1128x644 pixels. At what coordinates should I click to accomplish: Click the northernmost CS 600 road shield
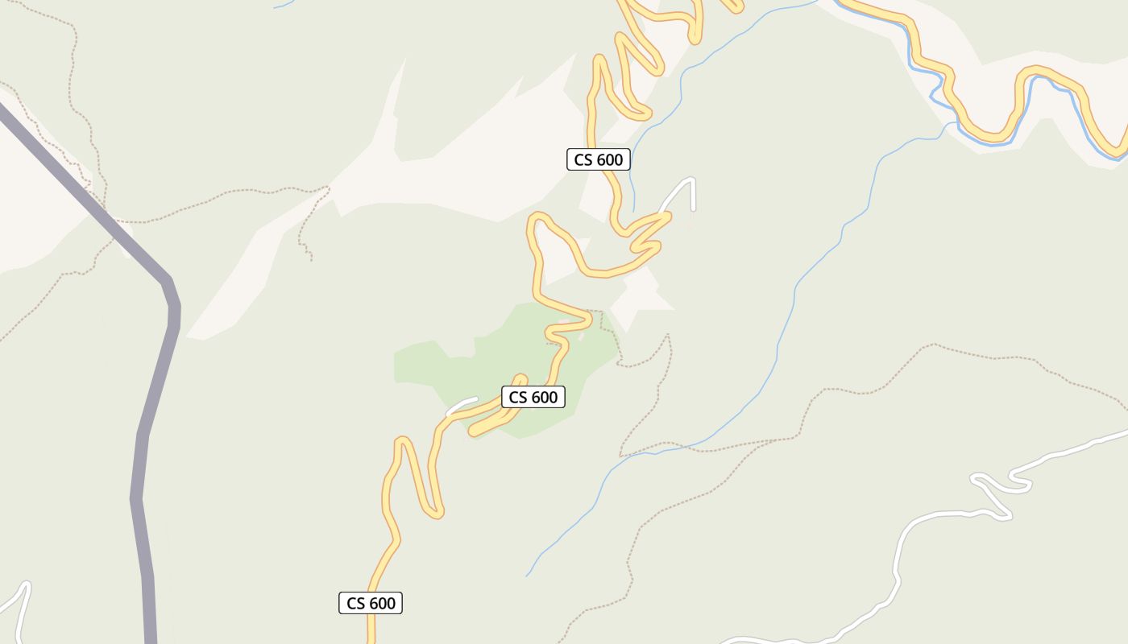click(598, 160)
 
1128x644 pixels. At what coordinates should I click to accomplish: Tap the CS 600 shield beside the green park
click(533, 397)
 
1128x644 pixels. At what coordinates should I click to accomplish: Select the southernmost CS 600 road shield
click(371, 603)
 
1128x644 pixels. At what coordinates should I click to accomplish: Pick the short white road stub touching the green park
click(462, 406)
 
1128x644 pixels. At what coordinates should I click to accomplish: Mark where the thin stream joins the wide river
click(951, 122)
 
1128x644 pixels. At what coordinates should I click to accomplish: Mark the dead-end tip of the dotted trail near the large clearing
click(311, 259)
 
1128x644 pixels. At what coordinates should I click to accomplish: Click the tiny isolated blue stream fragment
click(282, 5)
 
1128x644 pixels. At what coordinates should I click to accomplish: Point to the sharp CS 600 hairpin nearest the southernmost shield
click(435, 511)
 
